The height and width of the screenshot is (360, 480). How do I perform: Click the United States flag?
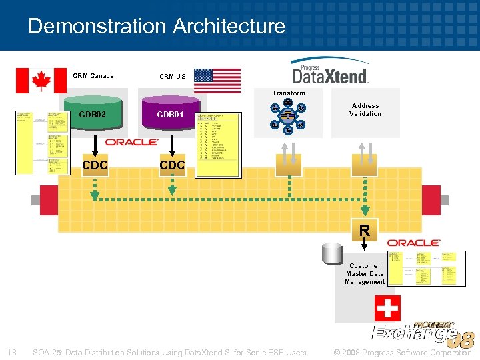[217, 80]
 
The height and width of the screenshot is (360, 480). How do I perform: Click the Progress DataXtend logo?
[330, 71]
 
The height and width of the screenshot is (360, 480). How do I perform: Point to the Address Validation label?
[365, 110]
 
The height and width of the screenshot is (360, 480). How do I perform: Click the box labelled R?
[365, 231]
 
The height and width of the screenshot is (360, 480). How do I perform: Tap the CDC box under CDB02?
[95, 164]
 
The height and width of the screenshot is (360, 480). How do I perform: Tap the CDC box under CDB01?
[172, 164]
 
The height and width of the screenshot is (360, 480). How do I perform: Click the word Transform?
[288, 93]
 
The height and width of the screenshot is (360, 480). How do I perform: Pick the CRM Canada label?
[93, 75]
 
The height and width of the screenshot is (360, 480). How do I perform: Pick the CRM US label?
[172, 76]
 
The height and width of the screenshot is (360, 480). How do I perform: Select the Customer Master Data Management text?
[365, 273]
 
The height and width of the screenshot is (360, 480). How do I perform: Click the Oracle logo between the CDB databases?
[131, 142]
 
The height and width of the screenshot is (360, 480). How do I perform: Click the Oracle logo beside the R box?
[413, 243]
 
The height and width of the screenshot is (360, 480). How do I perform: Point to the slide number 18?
[12, 352]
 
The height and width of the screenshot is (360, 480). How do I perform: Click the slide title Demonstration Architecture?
[157, 26]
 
